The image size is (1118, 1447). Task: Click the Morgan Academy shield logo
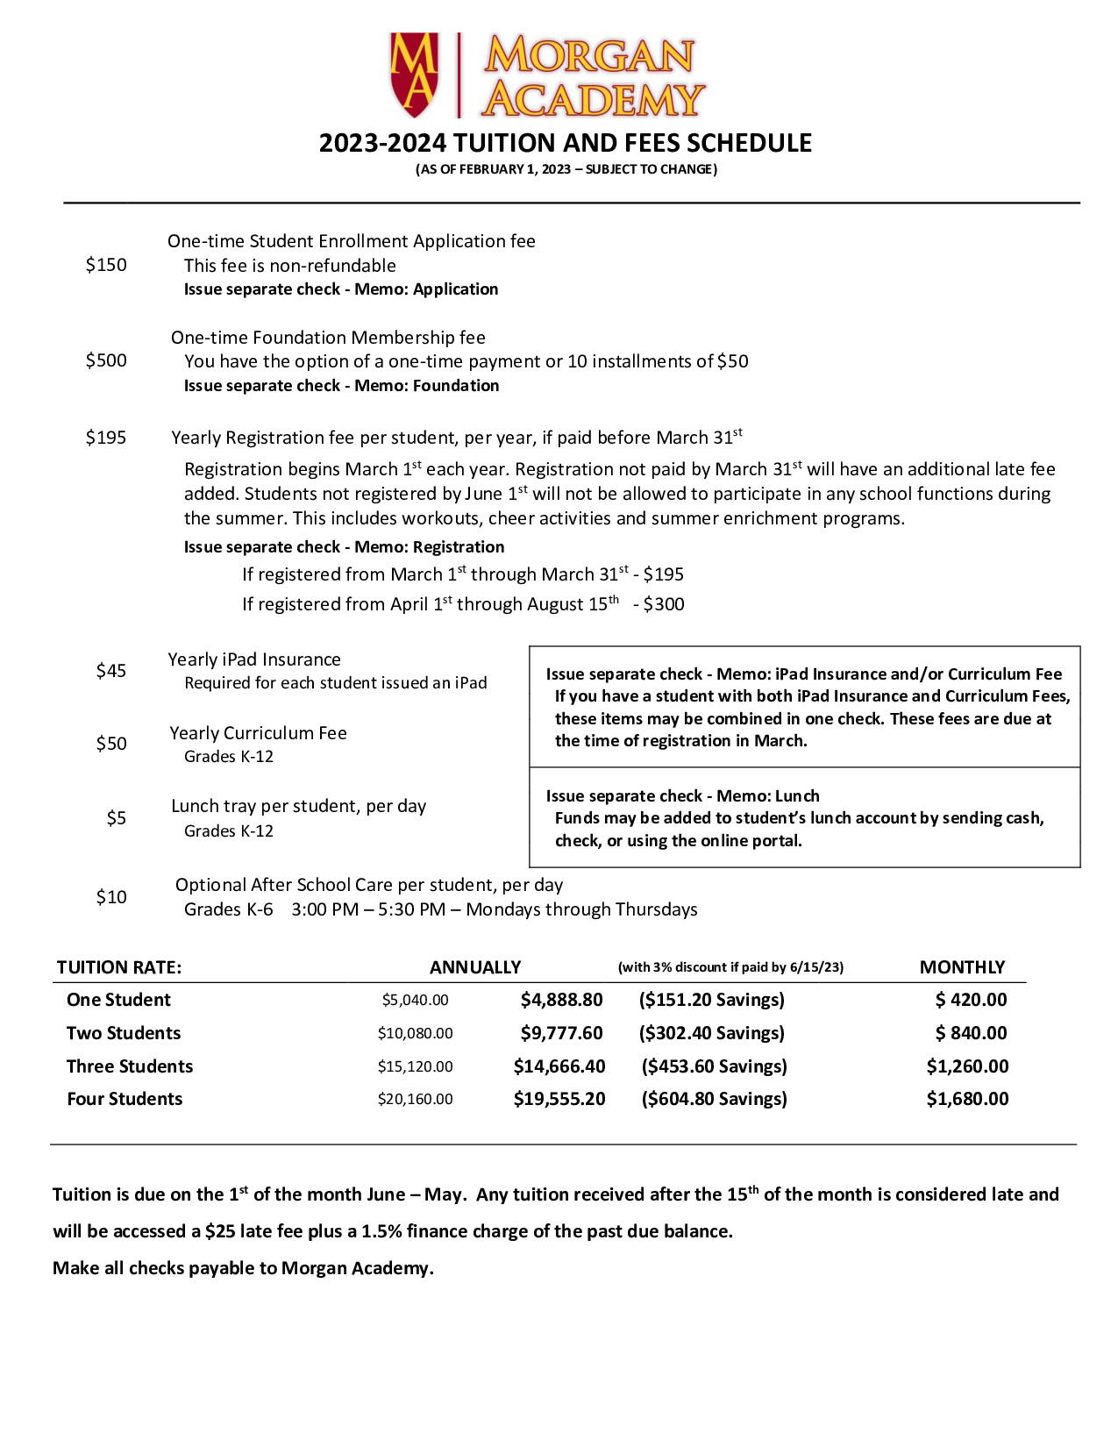pyautogui.click(x=414, y=75)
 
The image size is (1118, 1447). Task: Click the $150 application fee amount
pyautogui.click(x=106, y=265)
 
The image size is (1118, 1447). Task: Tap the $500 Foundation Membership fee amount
pyautogui.click(x=106, y=360)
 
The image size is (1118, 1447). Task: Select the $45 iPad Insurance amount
pyautogui.click(x=111, y=671)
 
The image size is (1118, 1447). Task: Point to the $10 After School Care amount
pyautogui.click(x=111, y=897)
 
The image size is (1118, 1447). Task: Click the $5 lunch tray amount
pyautogui.click(x=117, y=818)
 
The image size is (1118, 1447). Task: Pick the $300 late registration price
pyautogui.click(x=664, y=604)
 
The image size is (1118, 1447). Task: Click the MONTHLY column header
pyautogui.click(x=962, y=967)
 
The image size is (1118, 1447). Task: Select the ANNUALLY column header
pyautogui.click(x=475, y=967)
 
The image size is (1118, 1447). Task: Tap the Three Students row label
pyautogui.click(x=130, y=1066)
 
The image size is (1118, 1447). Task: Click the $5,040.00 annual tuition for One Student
pyautogui.click(x=415, y=1000)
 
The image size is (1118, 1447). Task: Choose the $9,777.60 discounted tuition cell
pyautogui.click(x=561, y=1033)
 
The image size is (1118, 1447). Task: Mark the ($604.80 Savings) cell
pyautogui.click(x=714, y=1099)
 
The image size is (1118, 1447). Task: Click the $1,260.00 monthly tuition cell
pyautogui.click(x=967, y=1066)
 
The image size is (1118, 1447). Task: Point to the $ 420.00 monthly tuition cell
pyautogui.click(x=971, y=1000)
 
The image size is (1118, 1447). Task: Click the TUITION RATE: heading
pyautogui.click(x=119, y=967)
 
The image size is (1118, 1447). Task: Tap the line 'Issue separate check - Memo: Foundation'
pyautogui.click(x=341, y=386)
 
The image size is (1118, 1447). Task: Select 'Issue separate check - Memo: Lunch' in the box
pyautogui.click(x=682, y=796)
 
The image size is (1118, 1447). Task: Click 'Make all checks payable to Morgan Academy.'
pyautogui.click(x=243, y=1268)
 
